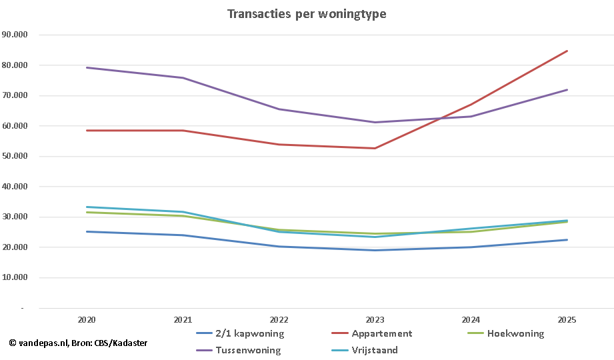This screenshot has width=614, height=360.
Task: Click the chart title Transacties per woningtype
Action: tap(307, 14)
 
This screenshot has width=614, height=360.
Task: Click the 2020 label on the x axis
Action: tap(87, 320)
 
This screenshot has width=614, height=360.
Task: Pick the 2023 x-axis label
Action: tap(375, 320)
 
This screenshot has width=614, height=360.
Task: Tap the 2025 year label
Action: tap(567, 320)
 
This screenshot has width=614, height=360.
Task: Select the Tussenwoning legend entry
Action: tap(247, 349)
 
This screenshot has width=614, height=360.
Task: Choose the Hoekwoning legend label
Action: tap(515, 333)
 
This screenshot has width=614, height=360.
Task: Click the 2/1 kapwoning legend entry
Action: tap(249, 333)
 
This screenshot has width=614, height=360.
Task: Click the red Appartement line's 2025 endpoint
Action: tap(567, 51)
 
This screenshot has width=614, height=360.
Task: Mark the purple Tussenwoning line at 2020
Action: tap(87, 67)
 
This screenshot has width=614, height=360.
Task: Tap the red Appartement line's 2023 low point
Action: tap(375, 148)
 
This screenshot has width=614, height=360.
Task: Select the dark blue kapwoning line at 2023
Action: tap(375, 250)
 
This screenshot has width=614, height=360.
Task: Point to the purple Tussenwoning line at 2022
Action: tap(279, 109)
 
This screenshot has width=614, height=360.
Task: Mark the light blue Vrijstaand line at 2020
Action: tap(87, 207)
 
